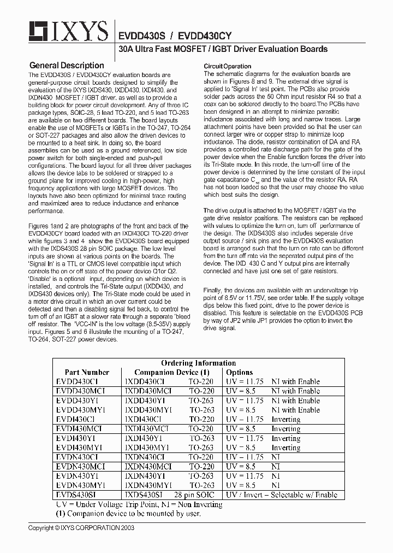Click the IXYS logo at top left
62,32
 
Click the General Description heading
66,66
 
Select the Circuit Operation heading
228,66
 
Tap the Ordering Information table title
198,363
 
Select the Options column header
239,372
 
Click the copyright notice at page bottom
81,528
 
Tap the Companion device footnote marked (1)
128,514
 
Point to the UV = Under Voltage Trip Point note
139,504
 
